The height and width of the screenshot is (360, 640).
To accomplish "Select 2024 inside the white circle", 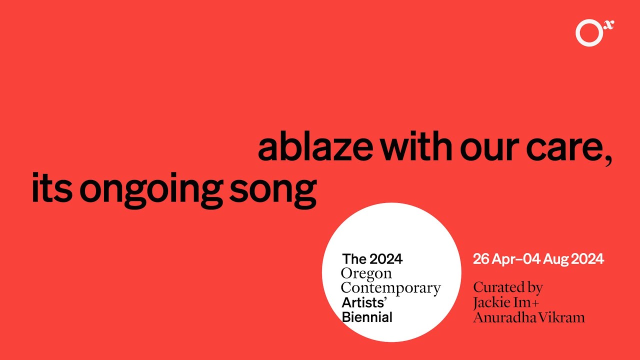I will (386, 259).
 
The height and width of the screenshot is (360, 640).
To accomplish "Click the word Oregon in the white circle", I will (366, 274).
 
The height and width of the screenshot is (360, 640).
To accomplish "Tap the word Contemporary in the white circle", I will (390, 288).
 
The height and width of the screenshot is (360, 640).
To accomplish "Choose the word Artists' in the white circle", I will (365, 302).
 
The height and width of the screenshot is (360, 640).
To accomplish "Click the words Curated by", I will (507, 288).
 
